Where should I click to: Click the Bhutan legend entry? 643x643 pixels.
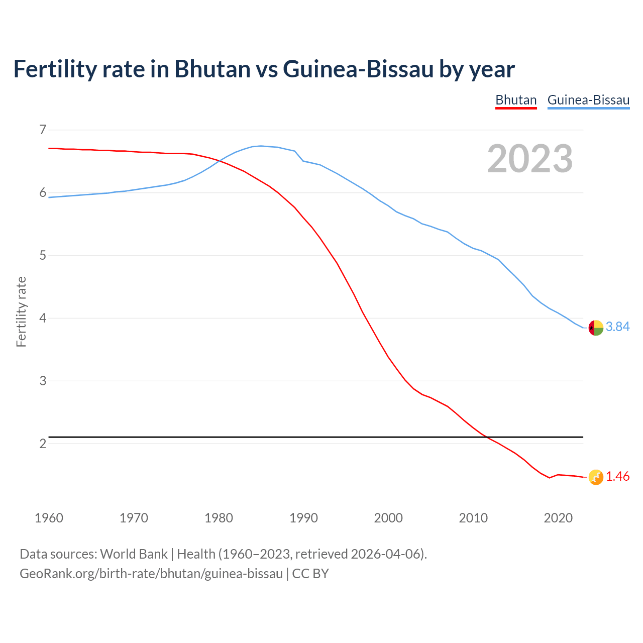[x=516, y=100]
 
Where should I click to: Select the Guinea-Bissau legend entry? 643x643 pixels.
[x=588, y=100]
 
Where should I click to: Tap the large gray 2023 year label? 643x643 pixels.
[x=529, y=159]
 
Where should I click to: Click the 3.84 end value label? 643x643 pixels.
[x=617, y=327]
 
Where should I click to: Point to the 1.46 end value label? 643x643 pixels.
[x=617, y=477]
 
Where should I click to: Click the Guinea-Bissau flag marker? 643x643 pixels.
[x=596, y=328]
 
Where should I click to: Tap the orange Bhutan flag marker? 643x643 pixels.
[x=596, y=477]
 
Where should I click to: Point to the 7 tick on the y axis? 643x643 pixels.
[x=43, y=130]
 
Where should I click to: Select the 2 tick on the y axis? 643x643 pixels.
[x=43, y=444]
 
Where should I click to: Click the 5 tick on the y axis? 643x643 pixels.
[x=43, y=256]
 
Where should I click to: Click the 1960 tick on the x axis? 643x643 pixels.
[x=49, y=518]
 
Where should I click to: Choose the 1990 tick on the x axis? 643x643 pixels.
[x=303, y=518]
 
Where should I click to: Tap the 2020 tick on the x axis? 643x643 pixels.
[x=558, y=518]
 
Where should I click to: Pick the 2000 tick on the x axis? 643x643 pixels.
[x=388, y=518]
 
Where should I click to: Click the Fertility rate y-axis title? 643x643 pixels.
[x=21, y=311]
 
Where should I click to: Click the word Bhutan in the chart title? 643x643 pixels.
[x=212, y=69]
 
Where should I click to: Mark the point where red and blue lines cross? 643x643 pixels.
[x=220, y=161]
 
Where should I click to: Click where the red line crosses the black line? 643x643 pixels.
[x=486, y=437]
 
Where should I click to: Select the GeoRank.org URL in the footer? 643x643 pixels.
[x=151, y=574]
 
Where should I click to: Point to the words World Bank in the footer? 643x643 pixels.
[x=134, y=554]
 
